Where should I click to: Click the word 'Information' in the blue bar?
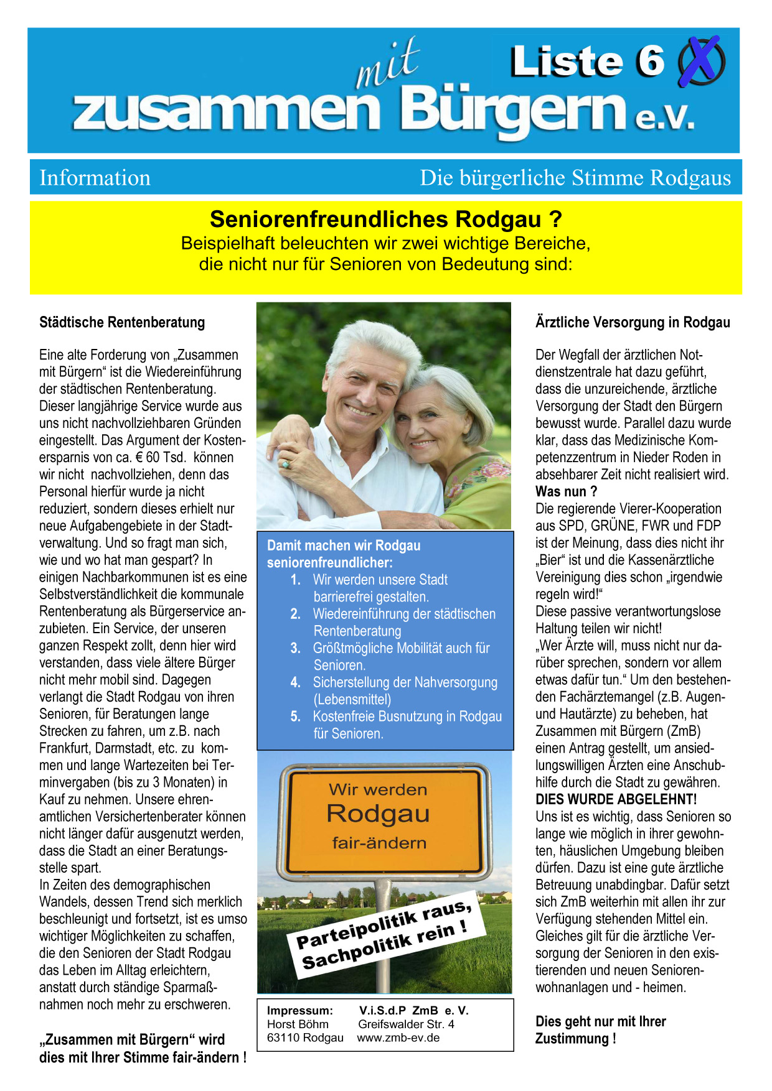pyautogui.click(x=95, y=178)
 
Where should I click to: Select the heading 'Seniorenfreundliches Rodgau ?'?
pyautogui.click(x=385, y=220)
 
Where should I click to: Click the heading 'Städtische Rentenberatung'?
pyautogui.click(x=122, y=322)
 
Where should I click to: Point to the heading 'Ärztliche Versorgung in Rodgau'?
pyautogui.click(x=633, y=322)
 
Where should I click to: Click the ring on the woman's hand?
pyautogui.click(x=286, y=464)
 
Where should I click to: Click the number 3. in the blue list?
pyautogui.click(x=296, y=648)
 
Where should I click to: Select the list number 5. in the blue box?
pyautogui.click(x=296, y=717)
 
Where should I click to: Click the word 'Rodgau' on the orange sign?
pyautogui.click(x=378, y=814)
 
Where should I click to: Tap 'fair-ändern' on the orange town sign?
pyautogui.click(x=379, y=843)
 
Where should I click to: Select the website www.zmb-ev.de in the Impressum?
pyautogui.click(x=398, y=1038)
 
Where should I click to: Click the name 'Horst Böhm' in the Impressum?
pyautogui.click(x=298, y=1024)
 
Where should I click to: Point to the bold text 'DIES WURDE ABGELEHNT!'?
pyautogui.click(x=616, y=799)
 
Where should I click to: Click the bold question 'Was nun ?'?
pyautogui.click(x=566, y=491)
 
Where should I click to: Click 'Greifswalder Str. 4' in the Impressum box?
pyautogui.click(x=406, y=1024)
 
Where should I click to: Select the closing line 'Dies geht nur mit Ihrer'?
pyautogui.click(x=600, y=1021)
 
